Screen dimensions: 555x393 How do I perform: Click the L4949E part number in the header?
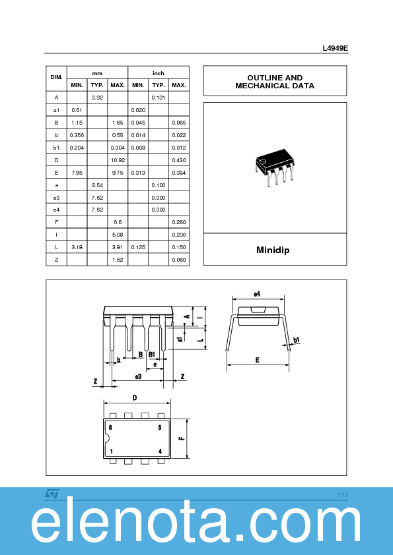tap(335, 48)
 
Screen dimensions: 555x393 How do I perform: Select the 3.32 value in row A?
tap(97, 98)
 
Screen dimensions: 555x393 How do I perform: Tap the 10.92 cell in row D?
tap(118, 160)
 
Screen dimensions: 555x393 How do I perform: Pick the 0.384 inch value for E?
tap(178, 173)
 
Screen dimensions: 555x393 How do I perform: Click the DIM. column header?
tap(56, 78)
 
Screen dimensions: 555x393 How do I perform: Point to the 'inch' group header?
tap(159, 73)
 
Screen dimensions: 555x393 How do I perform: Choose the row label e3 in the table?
tap(56, 198)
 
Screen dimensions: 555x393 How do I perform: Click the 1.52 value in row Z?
tap(118, 260)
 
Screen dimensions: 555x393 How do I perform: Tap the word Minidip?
tap(273, 250)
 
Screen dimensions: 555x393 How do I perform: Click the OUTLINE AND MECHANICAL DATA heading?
tap(275, 82)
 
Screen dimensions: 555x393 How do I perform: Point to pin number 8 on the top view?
tap(110, 427)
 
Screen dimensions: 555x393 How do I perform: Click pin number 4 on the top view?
tap(160, 451)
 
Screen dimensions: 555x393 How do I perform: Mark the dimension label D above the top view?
tap(135, 397)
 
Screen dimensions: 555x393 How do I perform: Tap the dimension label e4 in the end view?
tap(257, 294)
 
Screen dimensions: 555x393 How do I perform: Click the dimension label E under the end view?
tap(257, 360)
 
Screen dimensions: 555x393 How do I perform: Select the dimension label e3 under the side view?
tap(138, 376)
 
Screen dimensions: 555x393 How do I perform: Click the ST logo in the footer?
tap(52, 493)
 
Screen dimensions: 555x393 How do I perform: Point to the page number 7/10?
tap(342, 494)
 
